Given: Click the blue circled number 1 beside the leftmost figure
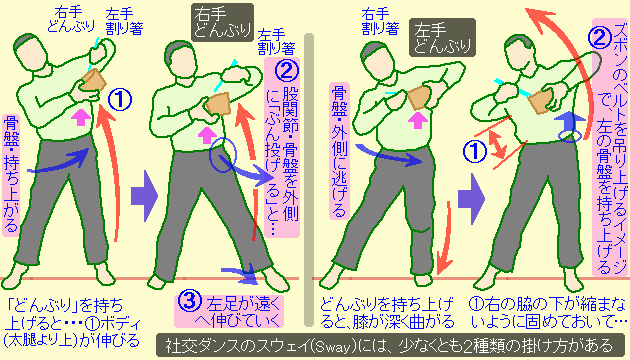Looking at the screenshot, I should pos(118,98).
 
